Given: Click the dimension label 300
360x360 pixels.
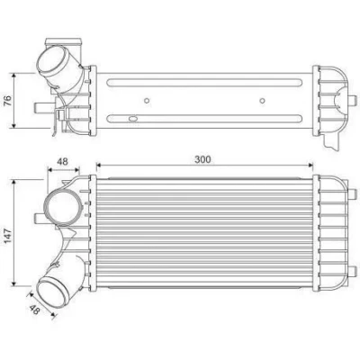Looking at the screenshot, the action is [202, 159].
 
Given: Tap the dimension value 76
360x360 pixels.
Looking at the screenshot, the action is [7, 101].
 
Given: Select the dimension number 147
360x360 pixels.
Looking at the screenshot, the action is [7, 236].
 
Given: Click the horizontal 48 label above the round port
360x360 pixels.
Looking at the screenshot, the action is [62, 162].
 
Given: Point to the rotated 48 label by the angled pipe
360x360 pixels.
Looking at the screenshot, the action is [35, 310].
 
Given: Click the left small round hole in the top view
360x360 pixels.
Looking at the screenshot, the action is [147, 101].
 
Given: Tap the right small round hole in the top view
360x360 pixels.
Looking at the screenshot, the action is [263, 101].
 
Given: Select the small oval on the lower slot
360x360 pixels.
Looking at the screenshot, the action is [133, 119].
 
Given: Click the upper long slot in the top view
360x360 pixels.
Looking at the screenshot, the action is [204, 83].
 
